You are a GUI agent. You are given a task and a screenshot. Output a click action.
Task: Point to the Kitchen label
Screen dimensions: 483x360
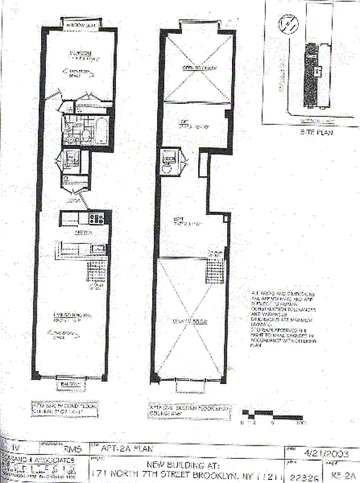click(83, 231)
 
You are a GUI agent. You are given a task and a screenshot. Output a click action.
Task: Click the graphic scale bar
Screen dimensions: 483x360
click(271, 415)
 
